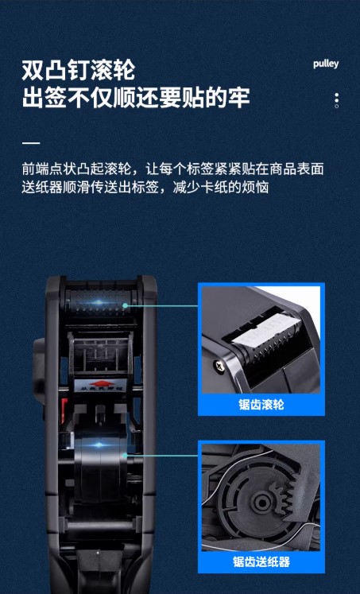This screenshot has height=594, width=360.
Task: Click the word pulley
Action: (326, 64)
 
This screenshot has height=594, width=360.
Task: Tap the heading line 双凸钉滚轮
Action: (79, 70)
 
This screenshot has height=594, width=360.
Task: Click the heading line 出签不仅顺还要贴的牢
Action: (136, 98)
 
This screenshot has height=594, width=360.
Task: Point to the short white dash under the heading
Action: (31, 143)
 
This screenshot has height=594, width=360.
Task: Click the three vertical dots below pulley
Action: (336, 100)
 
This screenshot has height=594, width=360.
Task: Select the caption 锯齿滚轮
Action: (261, 404)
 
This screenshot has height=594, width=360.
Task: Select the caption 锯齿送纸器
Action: (261, 561)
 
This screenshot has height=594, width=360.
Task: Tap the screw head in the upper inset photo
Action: (219, 365)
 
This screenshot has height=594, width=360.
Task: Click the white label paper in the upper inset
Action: (265, 329)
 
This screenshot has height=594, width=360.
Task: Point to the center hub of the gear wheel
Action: (261, 502)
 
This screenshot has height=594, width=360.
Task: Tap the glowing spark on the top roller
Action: (99, 303)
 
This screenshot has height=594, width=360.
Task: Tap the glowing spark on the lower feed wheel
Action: (99, 445)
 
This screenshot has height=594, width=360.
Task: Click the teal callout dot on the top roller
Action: (126, 305)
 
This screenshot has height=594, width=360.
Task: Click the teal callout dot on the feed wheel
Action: (126, 456)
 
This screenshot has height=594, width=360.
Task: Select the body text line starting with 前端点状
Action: (173, 169)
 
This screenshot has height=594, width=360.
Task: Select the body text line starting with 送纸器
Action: (145, 187)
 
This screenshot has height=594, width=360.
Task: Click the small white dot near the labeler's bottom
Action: (97, 553)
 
